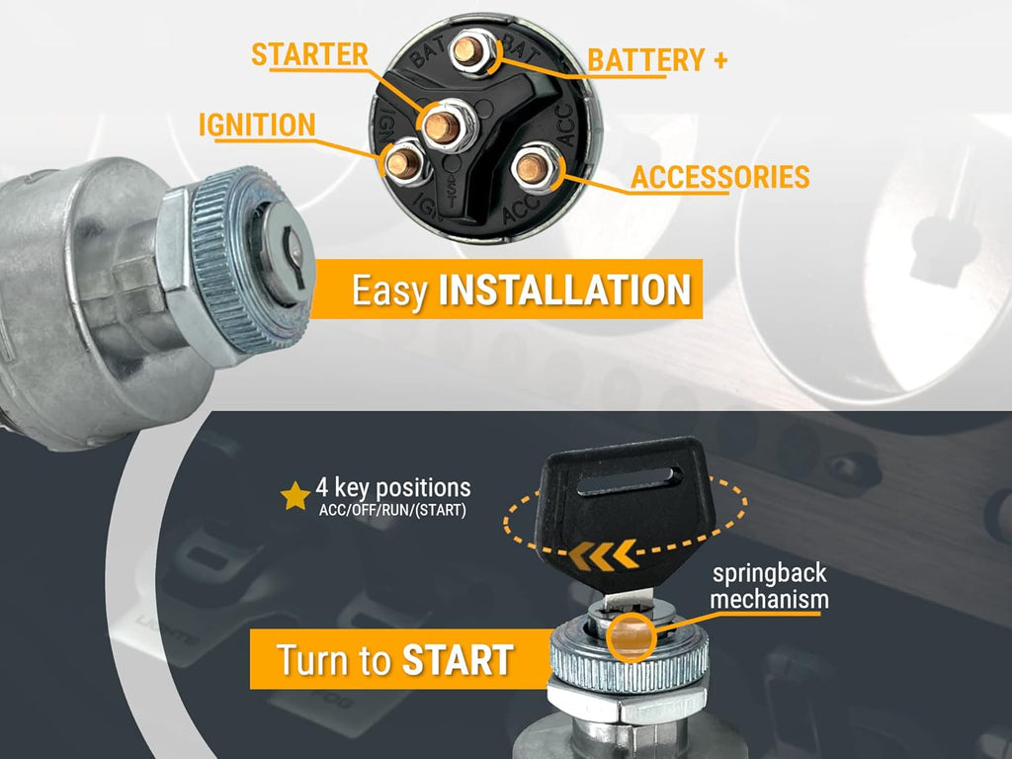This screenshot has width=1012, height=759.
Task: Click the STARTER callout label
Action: (x=309, y=55)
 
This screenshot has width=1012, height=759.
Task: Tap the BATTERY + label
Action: (x=657, y=60)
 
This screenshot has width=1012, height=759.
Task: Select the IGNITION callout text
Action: (x=257, y=125)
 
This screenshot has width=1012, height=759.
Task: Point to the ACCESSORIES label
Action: (x=719, y=177)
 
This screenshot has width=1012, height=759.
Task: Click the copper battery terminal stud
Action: (x=467, y=51)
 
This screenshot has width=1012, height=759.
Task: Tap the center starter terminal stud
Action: (x=443, y=126)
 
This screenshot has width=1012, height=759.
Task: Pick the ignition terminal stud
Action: (x=404, y=163)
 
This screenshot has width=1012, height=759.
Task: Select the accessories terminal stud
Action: (x=533, y=168)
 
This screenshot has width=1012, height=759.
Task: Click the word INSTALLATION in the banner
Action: (x=564, y=290)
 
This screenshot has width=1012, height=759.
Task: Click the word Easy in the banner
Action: (x=389, y=292)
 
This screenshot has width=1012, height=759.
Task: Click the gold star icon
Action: (x=295, y=496)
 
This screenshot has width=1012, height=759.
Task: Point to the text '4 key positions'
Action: (x=393, y=488)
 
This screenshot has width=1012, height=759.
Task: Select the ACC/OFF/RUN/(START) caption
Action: (x=392, y=511)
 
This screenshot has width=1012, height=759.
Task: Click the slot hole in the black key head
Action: (x=630, y=480)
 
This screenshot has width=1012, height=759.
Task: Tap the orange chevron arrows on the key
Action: (x=602, y=555)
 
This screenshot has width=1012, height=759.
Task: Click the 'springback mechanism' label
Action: (x=769, y=587)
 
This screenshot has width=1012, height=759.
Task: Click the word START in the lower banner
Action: (x=458, y=660)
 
